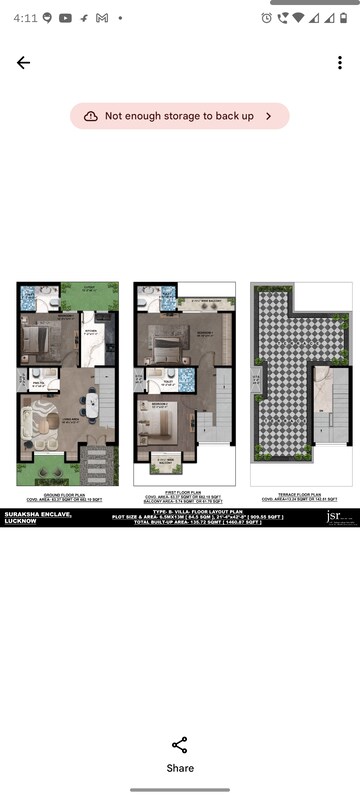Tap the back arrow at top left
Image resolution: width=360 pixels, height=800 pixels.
23,62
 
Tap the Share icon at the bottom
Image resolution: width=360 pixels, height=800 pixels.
180,745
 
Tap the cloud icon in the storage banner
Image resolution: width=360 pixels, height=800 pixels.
91,116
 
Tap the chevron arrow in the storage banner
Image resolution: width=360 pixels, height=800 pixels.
268,116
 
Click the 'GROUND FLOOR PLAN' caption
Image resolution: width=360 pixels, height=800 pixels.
66,493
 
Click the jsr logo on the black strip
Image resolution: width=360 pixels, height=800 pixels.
335,516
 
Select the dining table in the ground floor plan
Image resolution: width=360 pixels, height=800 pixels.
92,405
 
